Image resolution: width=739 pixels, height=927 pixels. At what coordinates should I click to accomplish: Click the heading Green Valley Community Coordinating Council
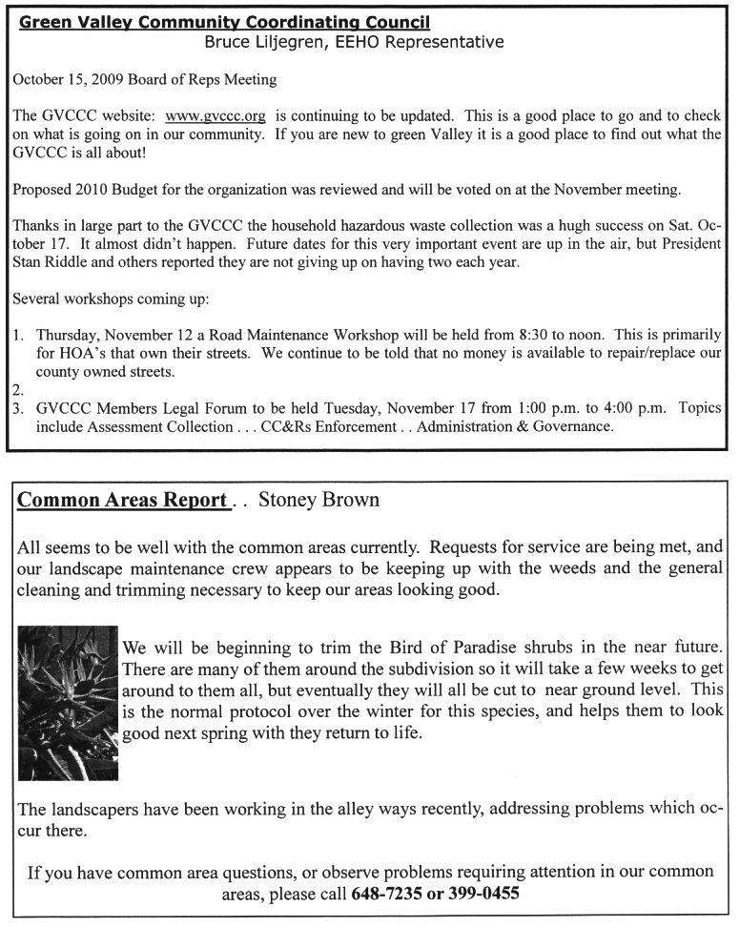(x=224, y=23)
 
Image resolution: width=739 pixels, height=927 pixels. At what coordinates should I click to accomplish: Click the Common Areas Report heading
(x=122, y=500)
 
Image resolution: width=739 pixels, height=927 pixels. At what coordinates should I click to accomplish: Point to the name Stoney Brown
(x=318, y=500)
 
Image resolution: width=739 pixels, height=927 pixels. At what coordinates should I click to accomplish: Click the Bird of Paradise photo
(x=68, y=703)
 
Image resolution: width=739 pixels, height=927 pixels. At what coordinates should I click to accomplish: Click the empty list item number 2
(x=18, y=389)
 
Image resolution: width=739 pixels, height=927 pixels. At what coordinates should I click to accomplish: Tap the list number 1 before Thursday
(x=18, y=336)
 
